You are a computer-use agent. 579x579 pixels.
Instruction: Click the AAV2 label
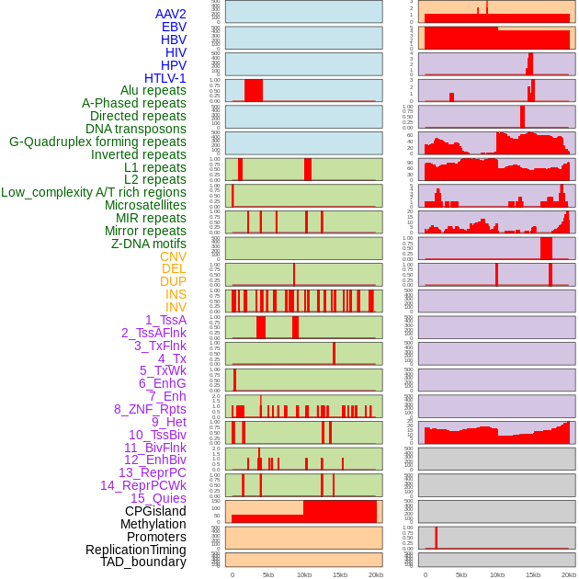[170, 14]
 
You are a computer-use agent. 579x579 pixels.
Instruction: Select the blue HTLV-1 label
[165, 78]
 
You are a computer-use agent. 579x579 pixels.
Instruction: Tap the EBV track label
[173, 27]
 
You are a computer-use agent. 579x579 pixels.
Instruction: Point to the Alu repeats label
[153, 91]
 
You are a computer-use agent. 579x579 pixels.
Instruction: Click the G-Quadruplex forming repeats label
[97, 142]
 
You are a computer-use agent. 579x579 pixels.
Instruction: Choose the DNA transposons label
[135, 129]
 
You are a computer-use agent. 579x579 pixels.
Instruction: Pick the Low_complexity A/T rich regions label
[93, 192]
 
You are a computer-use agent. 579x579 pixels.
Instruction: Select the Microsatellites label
[145, 205]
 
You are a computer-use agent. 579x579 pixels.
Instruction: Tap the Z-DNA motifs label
[148, 244]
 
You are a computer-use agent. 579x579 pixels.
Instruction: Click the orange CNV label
[173, 256]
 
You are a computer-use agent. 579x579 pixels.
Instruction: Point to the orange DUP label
[173, 281]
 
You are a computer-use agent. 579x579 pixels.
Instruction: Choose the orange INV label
[176, 307]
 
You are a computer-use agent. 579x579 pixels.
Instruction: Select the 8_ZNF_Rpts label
[150, 409]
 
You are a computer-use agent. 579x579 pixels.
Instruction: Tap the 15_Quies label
[157, 498]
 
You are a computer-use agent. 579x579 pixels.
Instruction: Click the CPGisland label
[155, 511]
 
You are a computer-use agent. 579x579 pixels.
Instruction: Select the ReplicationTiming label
[135, 550]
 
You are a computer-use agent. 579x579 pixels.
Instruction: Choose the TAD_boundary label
[142, 562]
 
